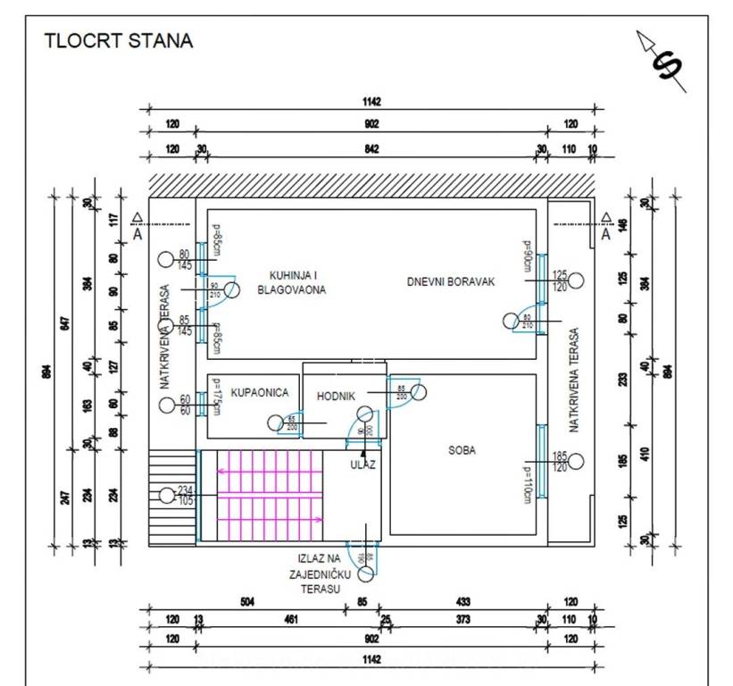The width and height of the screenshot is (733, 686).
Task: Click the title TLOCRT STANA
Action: tap(118, 41)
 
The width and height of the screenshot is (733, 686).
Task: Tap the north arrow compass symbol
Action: tap(662, 62)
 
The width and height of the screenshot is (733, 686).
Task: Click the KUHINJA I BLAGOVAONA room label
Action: tap(291, 282)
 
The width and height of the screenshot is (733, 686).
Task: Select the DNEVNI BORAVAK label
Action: tap(451, 281)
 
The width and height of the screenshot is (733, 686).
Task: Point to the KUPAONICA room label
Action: tap(259, 392)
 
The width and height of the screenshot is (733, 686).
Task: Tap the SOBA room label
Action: tap(462, 450)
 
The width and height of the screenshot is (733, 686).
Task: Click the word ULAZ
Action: tap(362, 464)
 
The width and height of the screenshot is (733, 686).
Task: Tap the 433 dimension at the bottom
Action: tap(462, 602)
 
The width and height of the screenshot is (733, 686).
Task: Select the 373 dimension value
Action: tap(462, 620)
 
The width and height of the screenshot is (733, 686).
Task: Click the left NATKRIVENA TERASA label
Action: tap(164, 337)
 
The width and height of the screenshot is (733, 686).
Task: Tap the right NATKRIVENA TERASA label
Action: tap(575, 380)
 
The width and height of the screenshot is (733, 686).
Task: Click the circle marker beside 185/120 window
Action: tap(576, 462)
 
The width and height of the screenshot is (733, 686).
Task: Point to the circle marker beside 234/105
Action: tap(166, 494)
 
